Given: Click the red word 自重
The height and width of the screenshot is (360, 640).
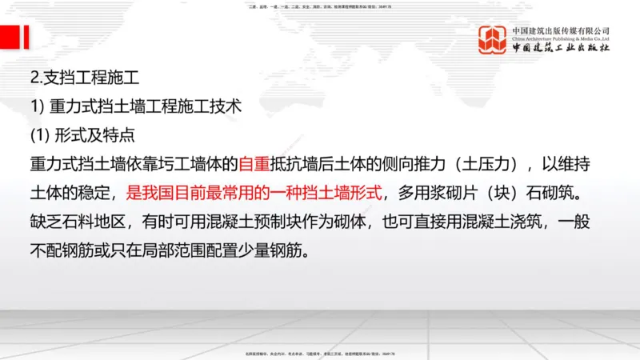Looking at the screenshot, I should click(255, 166).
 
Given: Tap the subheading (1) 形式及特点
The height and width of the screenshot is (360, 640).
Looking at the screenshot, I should click(82, 135).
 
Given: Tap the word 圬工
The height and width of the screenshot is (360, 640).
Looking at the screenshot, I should click(167, 166).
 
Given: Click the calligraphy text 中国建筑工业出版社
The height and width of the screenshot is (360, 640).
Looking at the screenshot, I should click(562, 48).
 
